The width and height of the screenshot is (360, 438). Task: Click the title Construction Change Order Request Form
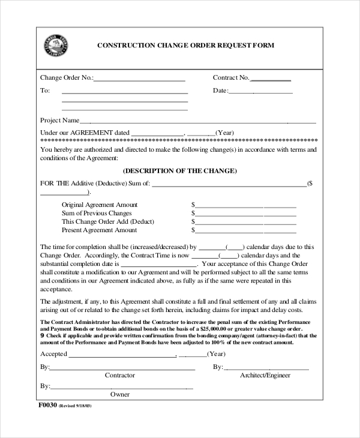pos(185,45)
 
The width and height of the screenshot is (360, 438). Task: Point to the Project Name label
pos(59,120)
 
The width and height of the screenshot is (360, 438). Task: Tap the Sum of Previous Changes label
pos(97,213)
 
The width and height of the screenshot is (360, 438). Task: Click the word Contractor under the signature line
pos(120,376)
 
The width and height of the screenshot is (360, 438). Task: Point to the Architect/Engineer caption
pos(265,376)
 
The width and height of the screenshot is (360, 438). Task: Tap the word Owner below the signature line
pos(120,395)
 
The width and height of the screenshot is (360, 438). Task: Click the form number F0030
pos(47,406)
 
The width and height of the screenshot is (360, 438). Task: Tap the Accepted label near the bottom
pos(53,354)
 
